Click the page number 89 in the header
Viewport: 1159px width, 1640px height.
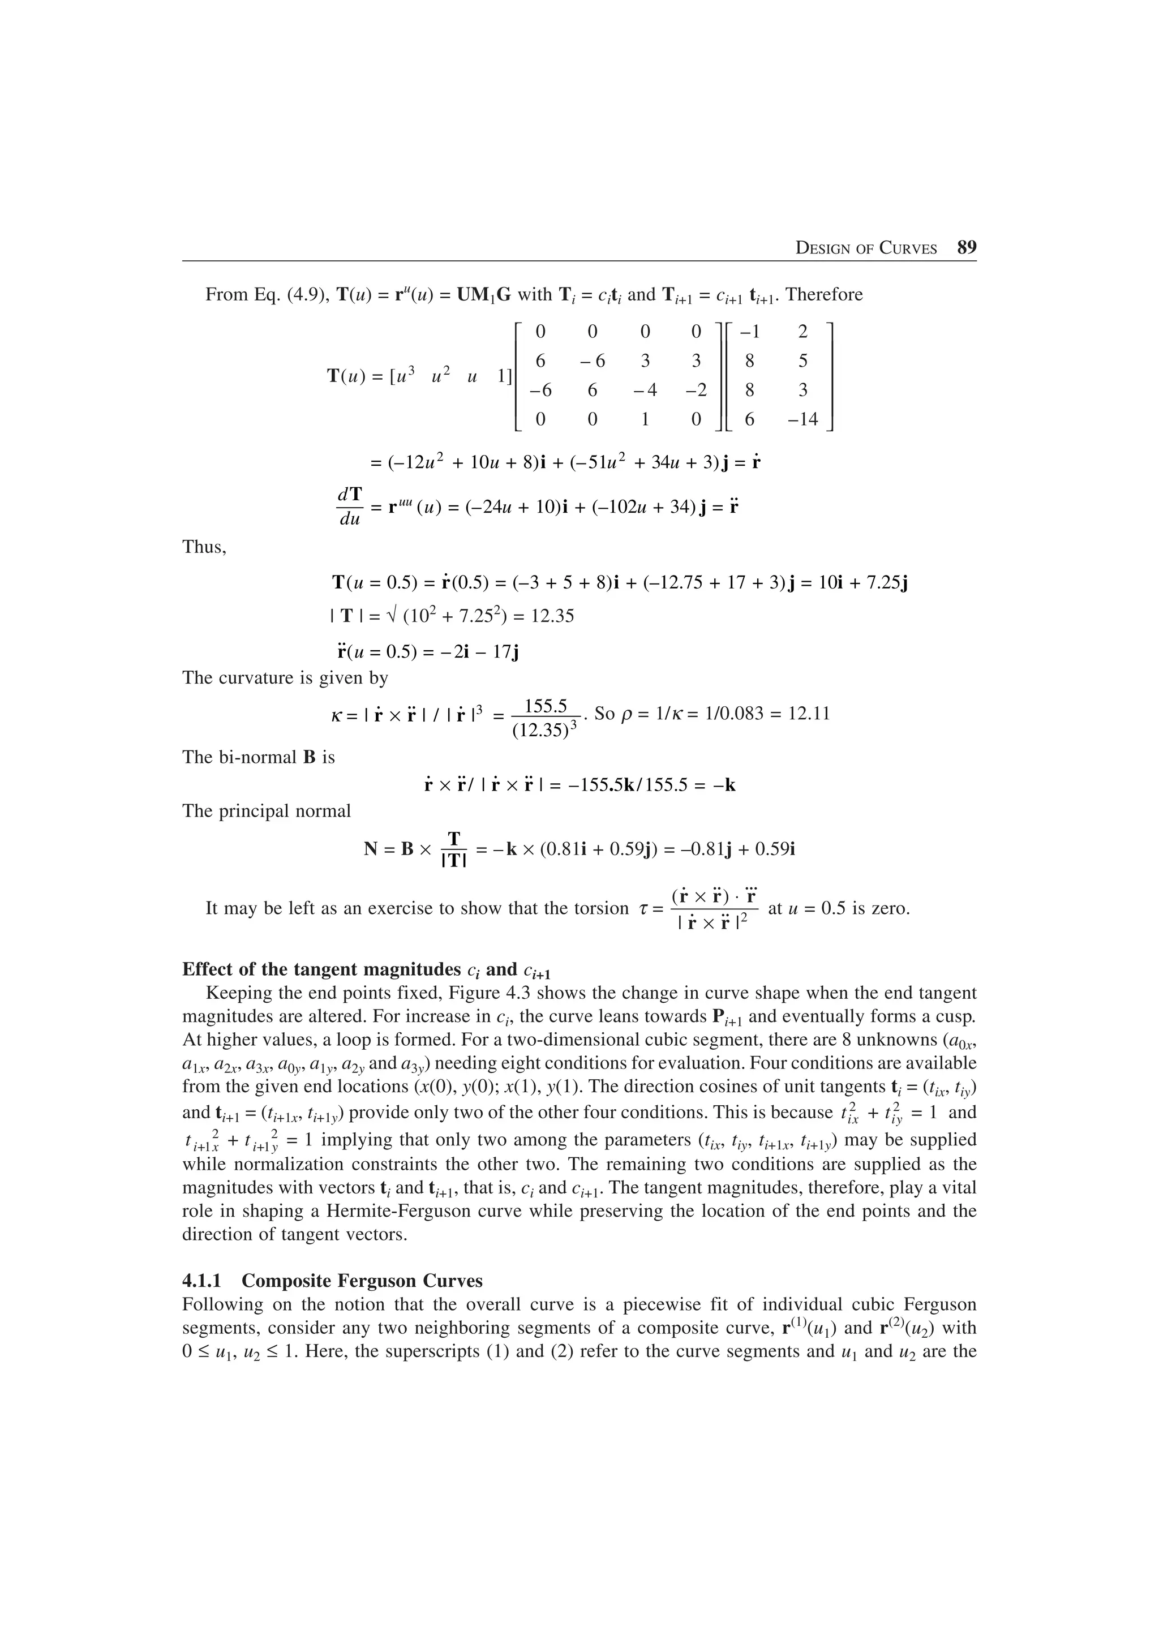pyautogui.click(x=966, y=248)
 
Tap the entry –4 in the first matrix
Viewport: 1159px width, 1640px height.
pyautogui.click(x=644, y=390)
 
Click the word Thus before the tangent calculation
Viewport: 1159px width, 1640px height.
pyautogui.click(x=204, y=548)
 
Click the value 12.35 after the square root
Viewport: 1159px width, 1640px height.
pyautogui.click(x=553, y=616)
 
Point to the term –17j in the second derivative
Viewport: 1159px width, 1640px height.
pyautogui.click(x=500, y=652)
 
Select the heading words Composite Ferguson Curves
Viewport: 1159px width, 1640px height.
pyautogui.click(x=362, y=1281)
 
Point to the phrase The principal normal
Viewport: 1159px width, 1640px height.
pyautogui.click(x=267, y=812)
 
